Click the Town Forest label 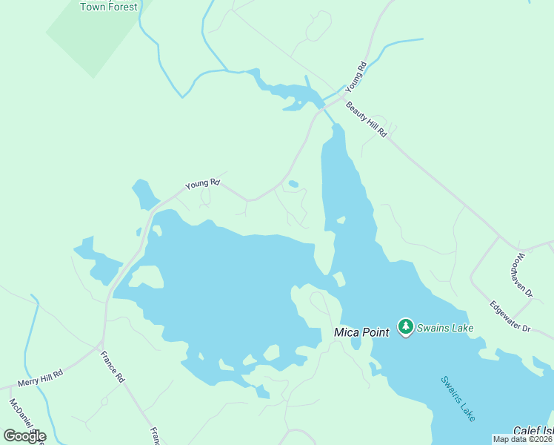(109, 7)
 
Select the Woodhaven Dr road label (521, 275)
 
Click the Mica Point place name (361, 332)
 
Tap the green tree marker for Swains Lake (405, 326)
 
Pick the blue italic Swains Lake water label (458, 399)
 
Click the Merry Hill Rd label (41, 375)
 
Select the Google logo (24, 436)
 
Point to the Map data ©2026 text (523, 439)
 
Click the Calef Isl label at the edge (533, 430)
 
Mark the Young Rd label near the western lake (202, 182)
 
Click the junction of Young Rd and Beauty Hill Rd (344, 96)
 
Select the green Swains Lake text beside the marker (444, 327)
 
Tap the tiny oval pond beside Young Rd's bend (293, 184)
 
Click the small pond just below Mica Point (356, 344)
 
